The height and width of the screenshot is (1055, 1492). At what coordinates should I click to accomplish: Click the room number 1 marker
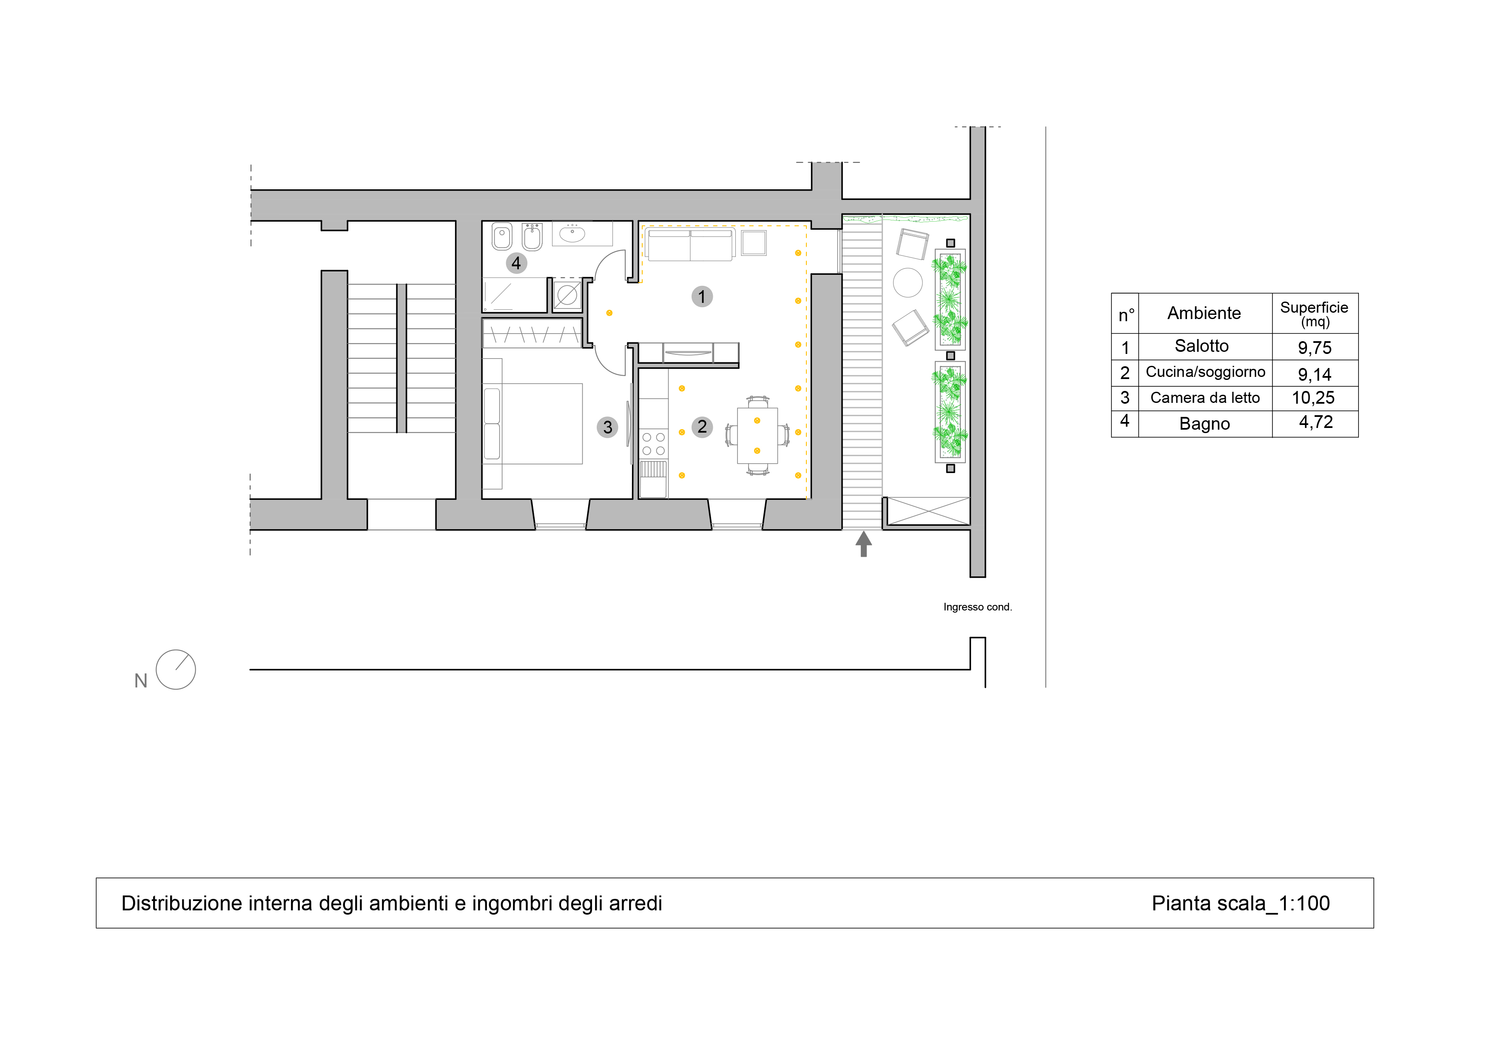(x=702, y=297)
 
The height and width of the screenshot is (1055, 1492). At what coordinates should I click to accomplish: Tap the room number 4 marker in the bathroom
(x=517, y=263)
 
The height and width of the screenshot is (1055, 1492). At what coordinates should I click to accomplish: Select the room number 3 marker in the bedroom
(x=608, y=427)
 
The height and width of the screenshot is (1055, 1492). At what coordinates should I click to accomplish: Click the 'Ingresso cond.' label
(x=977, y=607)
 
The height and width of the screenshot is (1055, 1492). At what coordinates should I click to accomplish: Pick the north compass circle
(x=176, y=670)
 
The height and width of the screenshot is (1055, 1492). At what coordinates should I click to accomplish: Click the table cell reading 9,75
(x=1315, y=348)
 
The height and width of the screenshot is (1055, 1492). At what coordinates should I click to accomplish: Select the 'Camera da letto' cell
(x=1205, y=398)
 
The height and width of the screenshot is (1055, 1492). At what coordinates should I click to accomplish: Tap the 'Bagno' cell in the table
(x=1205, y=424)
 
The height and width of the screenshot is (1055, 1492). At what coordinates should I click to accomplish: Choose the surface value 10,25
(x=1313, y=398)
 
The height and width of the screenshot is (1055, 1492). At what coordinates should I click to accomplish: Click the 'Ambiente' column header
(x=1204, y=314)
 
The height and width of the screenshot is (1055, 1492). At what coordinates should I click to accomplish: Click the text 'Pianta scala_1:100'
(x=1241, y=903)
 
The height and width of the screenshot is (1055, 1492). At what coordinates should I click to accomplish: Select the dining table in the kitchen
(x=758, y=436)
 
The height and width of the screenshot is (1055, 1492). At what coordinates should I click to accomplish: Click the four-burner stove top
(x=654, y=444)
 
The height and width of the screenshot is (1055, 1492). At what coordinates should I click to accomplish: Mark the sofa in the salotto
(x=690, y=244)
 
